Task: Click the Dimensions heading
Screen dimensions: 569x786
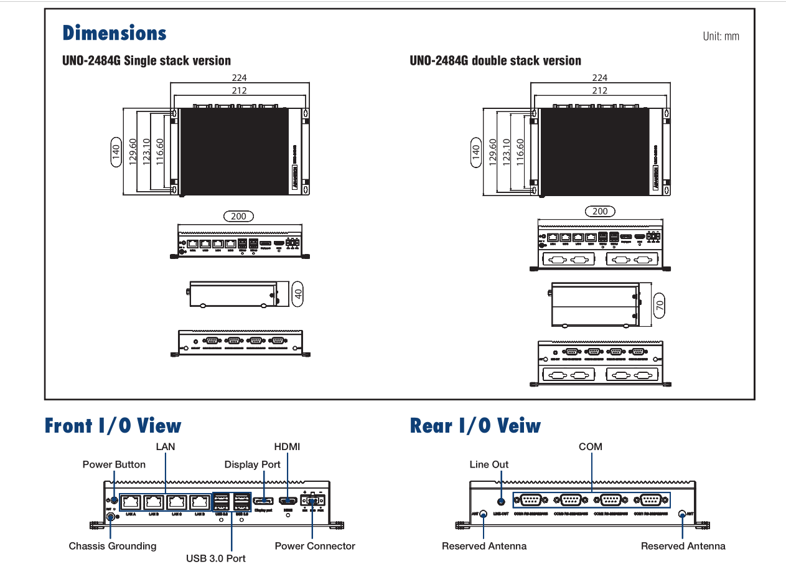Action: click(x=115, y=33)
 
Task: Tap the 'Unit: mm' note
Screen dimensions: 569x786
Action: click(x=721, y=36)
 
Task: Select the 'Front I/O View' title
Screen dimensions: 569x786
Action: click(x=113, y=426)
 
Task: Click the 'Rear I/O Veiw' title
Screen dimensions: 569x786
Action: click(x=475, y=426)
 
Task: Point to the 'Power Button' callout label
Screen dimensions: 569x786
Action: click(x=114, y=464)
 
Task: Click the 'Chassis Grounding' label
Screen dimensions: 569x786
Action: click(x=113, y=546)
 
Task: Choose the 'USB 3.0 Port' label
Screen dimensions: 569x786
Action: click(x=216, y=558)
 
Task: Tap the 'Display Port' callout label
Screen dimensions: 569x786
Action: click(x=253, y=464)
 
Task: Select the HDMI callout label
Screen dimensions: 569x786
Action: click(x=287, y=446)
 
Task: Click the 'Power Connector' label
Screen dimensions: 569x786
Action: click(x=315, y=546)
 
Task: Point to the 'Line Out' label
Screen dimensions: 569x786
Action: click(x=489, y=464)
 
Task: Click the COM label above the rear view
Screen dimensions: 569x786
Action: click(x=591, y=446)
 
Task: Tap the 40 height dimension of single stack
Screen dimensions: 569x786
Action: click(x=298, y=294)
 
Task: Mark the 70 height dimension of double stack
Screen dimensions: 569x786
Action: click(x=660, y=305)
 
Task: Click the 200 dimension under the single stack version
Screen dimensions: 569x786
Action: click(x=238, y=217)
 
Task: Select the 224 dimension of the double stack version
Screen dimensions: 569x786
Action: click(x=600, y=78)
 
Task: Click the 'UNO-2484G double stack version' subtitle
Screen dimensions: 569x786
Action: click(x=495, y=61)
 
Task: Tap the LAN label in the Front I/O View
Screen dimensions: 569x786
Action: click(x=166, y=446)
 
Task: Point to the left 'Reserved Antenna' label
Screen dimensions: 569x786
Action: click(x=484, y=546)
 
